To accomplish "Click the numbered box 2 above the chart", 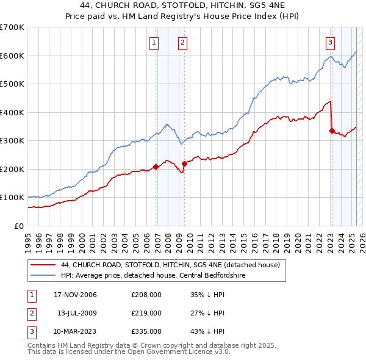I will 182,43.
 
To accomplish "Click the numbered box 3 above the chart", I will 330,43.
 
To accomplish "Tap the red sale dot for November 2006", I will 156,167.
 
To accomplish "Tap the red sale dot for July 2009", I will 184,164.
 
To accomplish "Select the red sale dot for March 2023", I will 332,131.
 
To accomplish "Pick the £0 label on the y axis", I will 19,226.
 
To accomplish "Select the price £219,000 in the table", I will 146,313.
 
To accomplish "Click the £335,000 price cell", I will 146,331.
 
